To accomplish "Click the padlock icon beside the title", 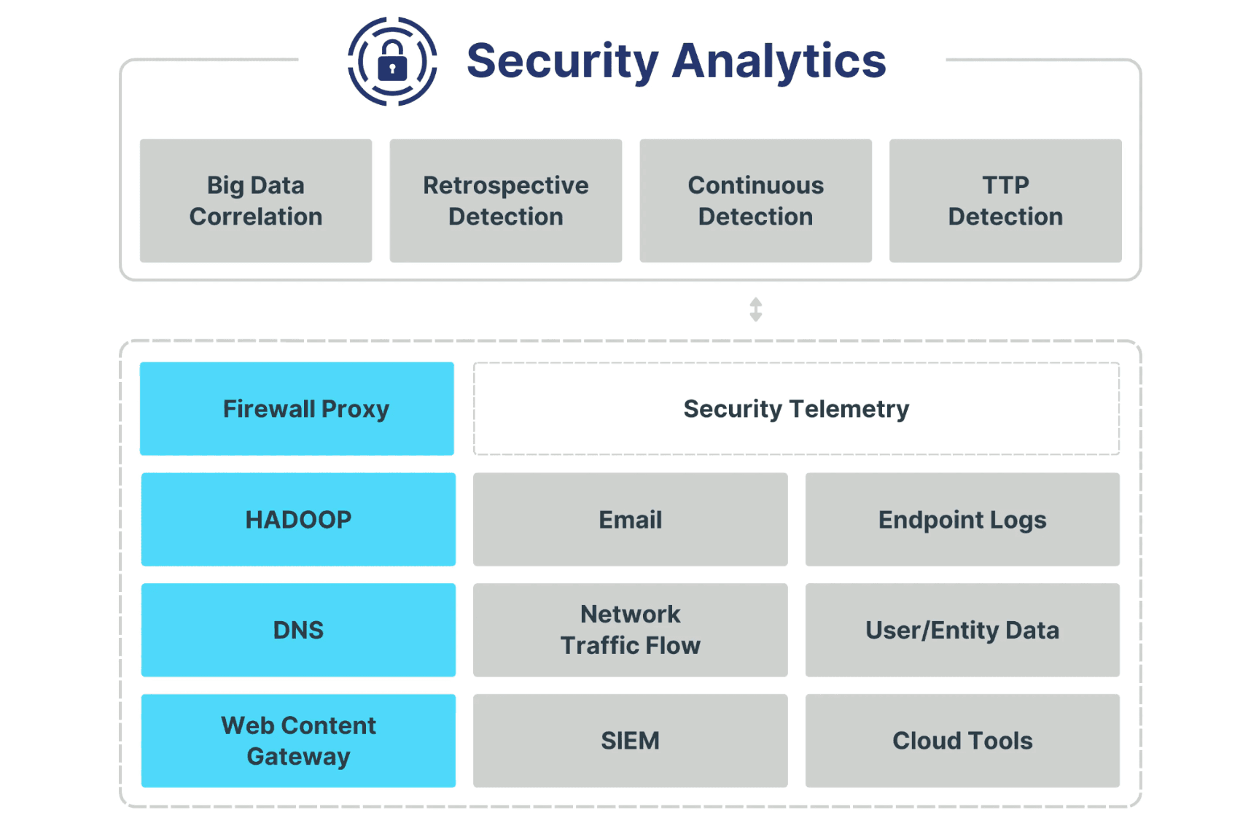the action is click(392, 61).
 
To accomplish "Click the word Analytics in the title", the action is click(779, 61).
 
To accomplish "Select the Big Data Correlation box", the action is click(256, 200).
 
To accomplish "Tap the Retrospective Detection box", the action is click(506, 200).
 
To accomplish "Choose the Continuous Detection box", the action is click(756, 200).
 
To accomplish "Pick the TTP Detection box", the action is click(1005, 200).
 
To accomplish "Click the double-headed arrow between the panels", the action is click(756, 309).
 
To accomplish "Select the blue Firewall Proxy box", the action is click(297, 409).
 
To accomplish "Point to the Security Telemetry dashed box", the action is click(796, 409).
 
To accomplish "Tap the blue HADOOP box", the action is click(298, 519).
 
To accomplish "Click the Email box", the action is click(631, 519).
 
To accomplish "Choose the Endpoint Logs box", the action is click(962, 519).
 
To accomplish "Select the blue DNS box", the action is click(298, 630).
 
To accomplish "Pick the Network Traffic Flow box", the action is click(631, 630).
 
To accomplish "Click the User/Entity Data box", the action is click(962, 630).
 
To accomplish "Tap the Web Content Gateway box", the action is click(298, 741).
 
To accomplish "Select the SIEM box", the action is click(631, 741).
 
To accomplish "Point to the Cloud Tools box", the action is click(962, 741).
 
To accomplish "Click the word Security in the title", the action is click(563, 61).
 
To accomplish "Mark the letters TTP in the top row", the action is click(1005, 185).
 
